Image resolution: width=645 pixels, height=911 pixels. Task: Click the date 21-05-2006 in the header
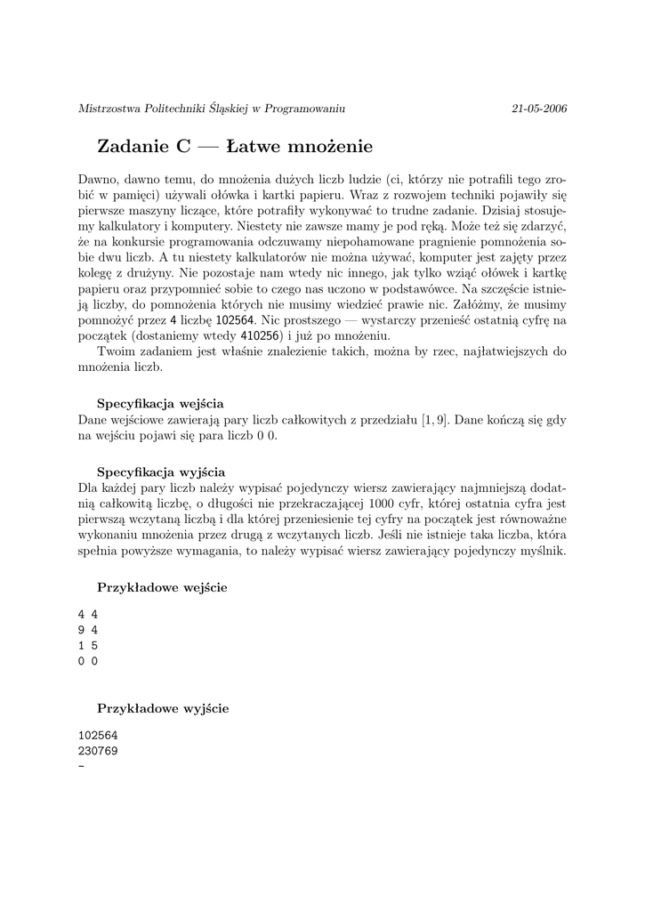pyautogui.click(x=539, y=109)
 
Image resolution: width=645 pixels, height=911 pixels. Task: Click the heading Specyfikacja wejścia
pyautogui.click(x=160, y=403)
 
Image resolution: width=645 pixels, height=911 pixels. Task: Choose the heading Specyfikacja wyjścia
pyautogui.click(x=160, y=472)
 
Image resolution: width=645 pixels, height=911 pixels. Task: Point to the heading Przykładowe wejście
pyautogui.click(x=161, y=588)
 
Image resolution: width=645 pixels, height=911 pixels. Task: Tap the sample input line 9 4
pyautogui.click(x=87, y=630)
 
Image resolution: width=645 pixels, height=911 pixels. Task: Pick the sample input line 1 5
pyautogui.click(x=87, y=645)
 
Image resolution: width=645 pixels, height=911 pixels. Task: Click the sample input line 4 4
pyautogui.click(x=87, y=614)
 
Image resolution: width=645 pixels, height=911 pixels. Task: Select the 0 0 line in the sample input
pyautogui.click(x=87, y=661)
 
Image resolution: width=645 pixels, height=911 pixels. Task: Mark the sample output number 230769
pyautogui.click(x=98, y=750)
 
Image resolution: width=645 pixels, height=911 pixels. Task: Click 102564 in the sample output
pyautogui.click(x=98, y=735)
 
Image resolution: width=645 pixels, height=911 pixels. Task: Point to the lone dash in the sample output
pyautogui.click(x=82, y=766)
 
